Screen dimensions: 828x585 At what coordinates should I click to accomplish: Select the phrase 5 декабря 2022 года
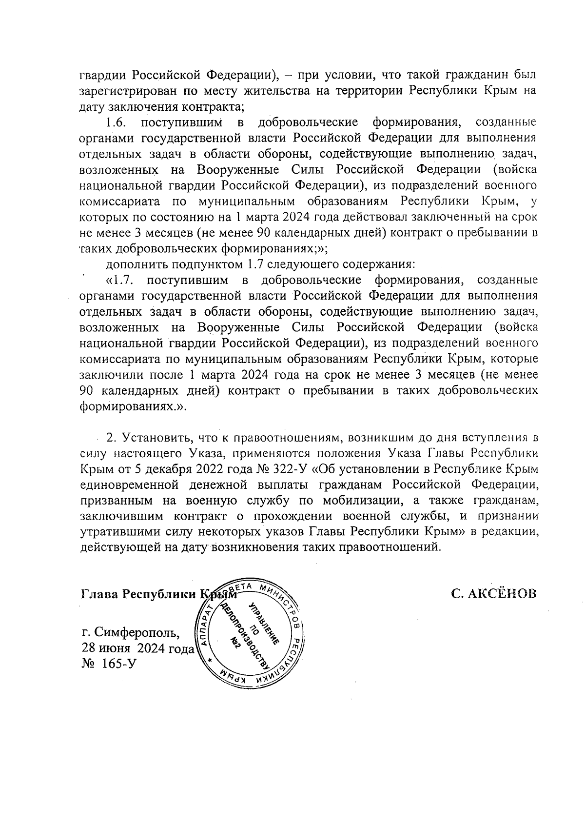pos(195,469)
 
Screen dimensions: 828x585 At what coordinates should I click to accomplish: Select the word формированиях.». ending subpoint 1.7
pos(134,407)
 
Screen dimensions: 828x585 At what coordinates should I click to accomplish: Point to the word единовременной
pos(131,485)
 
